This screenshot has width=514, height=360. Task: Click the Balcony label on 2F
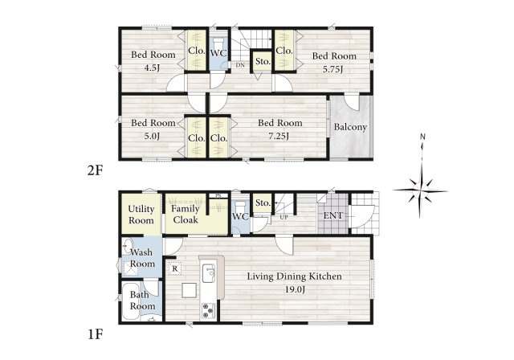pyautogui.click(x=350, y=127)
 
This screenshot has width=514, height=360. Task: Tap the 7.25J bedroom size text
pyautogui.click(x=279, y=136)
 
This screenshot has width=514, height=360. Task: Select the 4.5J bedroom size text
pyautogui.click(x=152, y=68)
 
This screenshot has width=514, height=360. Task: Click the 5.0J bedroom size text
pyautogui.click(x=152, y=136)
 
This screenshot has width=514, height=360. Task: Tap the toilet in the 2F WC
pyautogui.click(x=218, y=43)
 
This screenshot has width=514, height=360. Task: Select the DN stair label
pyautogui.click(x=240, y=65)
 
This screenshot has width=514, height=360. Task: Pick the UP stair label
pyautogui.click(x=284, y=217)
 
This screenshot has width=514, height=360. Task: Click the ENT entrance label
pyautogui.click(x=332, y=215)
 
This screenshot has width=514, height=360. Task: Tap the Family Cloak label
pyautogui.click(x=186, y=214)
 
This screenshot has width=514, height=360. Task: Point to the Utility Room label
pyautogui.click(x=141, y=215)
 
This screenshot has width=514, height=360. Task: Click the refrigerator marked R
pyautogui.click(x=175, y=269)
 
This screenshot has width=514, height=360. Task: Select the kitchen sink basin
pyautogui.click(x=209, y=273)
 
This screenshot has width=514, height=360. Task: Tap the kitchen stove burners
pyautogui.click(x=208, y=311)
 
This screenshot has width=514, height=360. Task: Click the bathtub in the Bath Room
pyautogui.click(x=131, y=302)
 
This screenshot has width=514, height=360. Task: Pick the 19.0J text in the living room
pyautogui.click(x=296, y=289)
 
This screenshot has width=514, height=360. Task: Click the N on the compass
pyautogui.click(x=423, y=137)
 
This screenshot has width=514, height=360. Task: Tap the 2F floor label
pyautogui.click(x=95, y=171)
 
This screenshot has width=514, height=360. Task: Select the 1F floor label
pyautogui.click(x=96, y=335)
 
